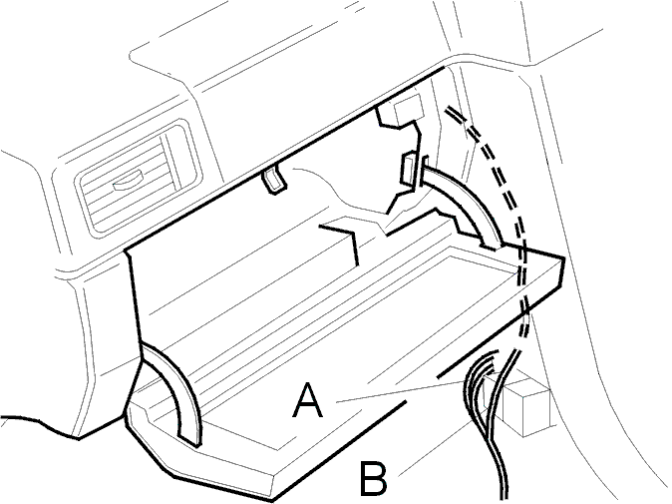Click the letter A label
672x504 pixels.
[307, 400]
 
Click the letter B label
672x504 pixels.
[373, 478]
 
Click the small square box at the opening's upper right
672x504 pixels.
[409, 112]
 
